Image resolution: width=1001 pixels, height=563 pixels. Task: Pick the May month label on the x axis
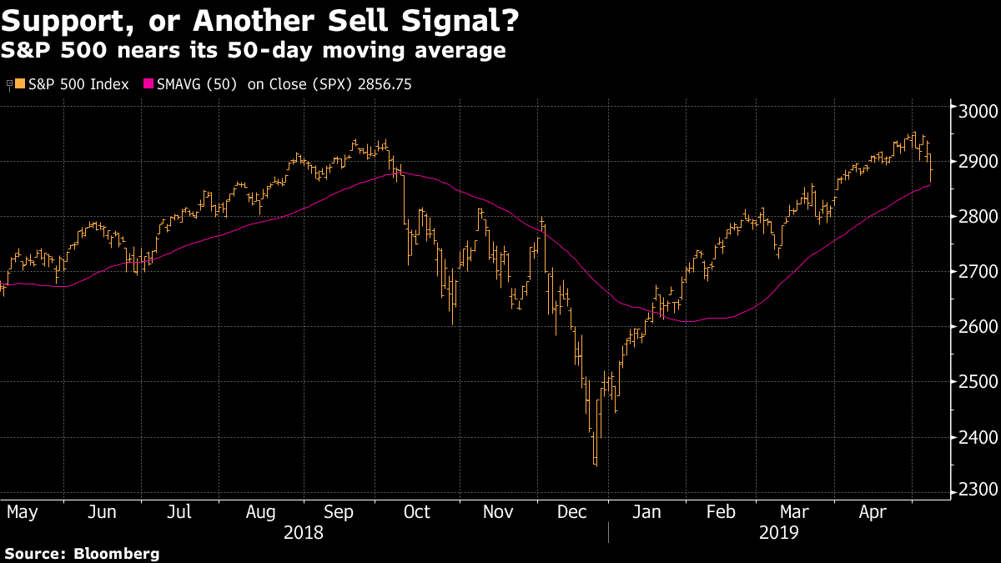pyautogui.click(x=23, y=511)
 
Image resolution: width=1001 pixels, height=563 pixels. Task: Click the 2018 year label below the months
pyautogui.click(x=304, y=532)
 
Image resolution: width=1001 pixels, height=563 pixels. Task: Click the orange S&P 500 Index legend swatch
pyautogui.click(x=21, y=84)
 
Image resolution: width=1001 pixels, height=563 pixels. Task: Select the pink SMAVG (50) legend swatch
pyautogui.click(x=148, y=84)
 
